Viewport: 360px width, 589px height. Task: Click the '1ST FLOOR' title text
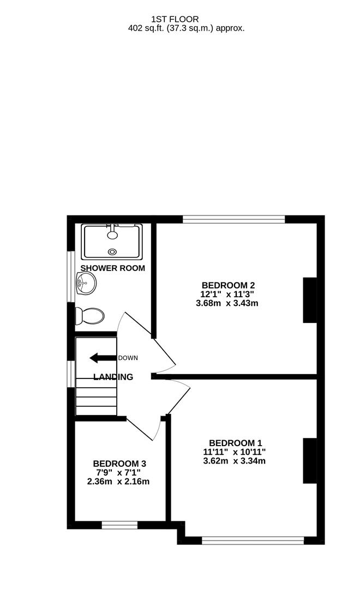click(179, 19)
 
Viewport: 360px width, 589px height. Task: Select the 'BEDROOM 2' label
click(228, 285)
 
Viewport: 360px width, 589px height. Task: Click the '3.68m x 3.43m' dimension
click(227, 303)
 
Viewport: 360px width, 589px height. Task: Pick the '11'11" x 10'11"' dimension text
click(235, 452)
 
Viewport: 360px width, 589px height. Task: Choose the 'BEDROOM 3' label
click(119, 464)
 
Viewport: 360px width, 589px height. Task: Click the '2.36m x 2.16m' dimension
click(118, 482)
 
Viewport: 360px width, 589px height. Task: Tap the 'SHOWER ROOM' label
click(113, 268)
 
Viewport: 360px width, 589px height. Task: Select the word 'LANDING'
click(113, 377)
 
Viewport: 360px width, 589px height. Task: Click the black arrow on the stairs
click(103, 358)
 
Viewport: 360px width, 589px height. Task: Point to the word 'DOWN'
click(128, 358)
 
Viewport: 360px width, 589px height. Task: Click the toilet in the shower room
click(90, 315)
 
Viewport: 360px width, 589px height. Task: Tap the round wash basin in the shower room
click(86, 283)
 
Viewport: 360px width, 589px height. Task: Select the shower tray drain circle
click(112, 251)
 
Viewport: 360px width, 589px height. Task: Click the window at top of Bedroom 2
click(234, 220)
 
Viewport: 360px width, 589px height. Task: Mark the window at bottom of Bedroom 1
click(253, 540)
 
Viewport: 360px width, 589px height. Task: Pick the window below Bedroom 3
click(119, 525)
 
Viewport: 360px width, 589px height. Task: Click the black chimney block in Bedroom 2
click(310, 300)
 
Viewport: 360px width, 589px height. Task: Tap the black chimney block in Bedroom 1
click(310, 461)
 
